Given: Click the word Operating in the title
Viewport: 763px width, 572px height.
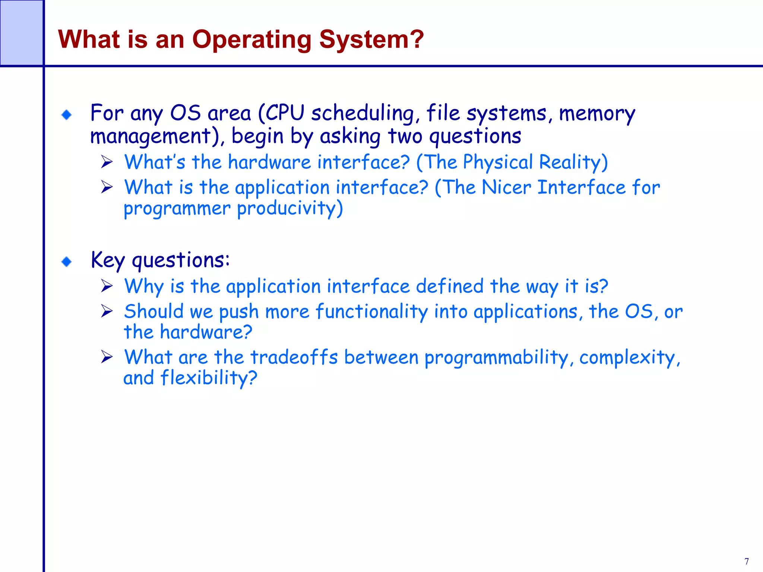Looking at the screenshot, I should point(251,39).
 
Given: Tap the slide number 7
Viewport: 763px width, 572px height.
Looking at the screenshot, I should point(747,561).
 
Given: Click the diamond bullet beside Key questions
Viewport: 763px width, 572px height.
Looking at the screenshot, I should point(67,262).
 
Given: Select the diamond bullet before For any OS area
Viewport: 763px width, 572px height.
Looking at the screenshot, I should point(67,115).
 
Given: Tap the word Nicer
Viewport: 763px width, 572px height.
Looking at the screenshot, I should point(506,187).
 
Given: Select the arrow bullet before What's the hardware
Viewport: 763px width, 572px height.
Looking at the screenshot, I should point(107,162).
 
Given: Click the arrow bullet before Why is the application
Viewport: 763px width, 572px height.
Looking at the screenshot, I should point(107,286).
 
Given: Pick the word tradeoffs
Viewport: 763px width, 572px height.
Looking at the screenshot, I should point(294,357).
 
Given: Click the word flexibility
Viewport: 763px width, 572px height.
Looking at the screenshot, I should point(209,378).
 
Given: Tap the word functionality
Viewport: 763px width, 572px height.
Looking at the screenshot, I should point(371,312).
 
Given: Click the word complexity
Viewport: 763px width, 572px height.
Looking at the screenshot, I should point(629,358).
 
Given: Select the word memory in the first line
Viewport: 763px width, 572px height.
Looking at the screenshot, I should point(597,114).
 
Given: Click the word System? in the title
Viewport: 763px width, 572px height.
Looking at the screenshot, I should point(371,39).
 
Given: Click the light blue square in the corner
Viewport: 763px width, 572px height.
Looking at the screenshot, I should point(21,33).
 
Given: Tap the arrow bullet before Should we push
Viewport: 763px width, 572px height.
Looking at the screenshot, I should point(107,311).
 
